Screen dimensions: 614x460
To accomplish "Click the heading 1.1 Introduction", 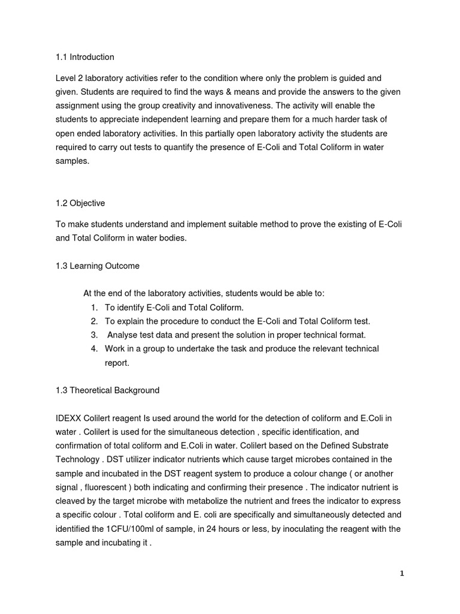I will coord(84,57).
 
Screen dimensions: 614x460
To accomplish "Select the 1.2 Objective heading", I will coord(80,203).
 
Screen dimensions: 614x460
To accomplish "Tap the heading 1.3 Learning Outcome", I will coord(97,266).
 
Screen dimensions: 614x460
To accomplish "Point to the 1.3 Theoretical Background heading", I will coord(107,390).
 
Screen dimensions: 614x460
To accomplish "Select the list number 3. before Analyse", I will coord(94,335).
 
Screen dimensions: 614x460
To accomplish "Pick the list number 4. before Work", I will coord(94,348).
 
